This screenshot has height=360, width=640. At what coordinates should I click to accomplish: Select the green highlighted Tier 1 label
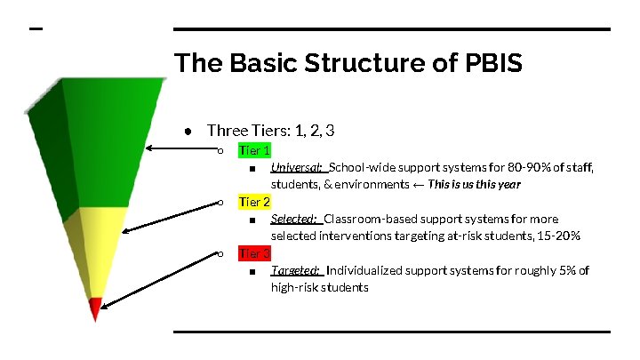pos(254,151)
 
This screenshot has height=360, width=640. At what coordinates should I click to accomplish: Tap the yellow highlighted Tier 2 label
pos(254,203)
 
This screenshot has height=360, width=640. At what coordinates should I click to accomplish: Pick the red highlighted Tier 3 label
pos(254,254)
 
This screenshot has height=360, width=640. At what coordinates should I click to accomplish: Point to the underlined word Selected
pos(294,220)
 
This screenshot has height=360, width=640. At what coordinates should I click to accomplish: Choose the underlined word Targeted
pos(295,271)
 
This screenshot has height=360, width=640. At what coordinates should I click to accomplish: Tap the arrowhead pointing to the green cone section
pos(149,148)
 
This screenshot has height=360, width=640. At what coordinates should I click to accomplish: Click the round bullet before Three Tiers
pos(189,132)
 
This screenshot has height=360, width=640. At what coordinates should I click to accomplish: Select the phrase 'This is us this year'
pos(474,185)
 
